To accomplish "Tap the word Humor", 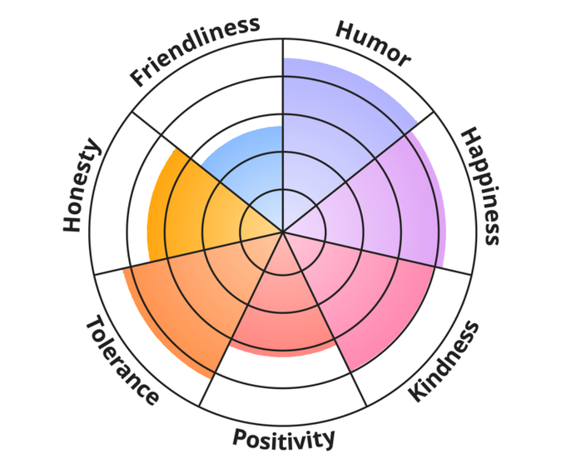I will pyautogui.click(x=373, y=42).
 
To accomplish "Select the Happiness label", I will pyautogui.click(x=481, y=186).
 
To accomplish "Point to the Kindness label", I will pyautogui.click(x=445, y=362).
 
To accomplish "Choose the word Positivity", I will pyautogui.click(x=284, y=438).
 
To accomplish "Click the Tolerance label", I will pyautogui.click(x=122, y=361).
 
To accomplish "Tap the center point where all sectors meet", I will pyautogui.click(x=283, y=231).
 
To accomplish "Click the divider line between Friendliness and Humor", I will pyautogui.click(x=283, y=83).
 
